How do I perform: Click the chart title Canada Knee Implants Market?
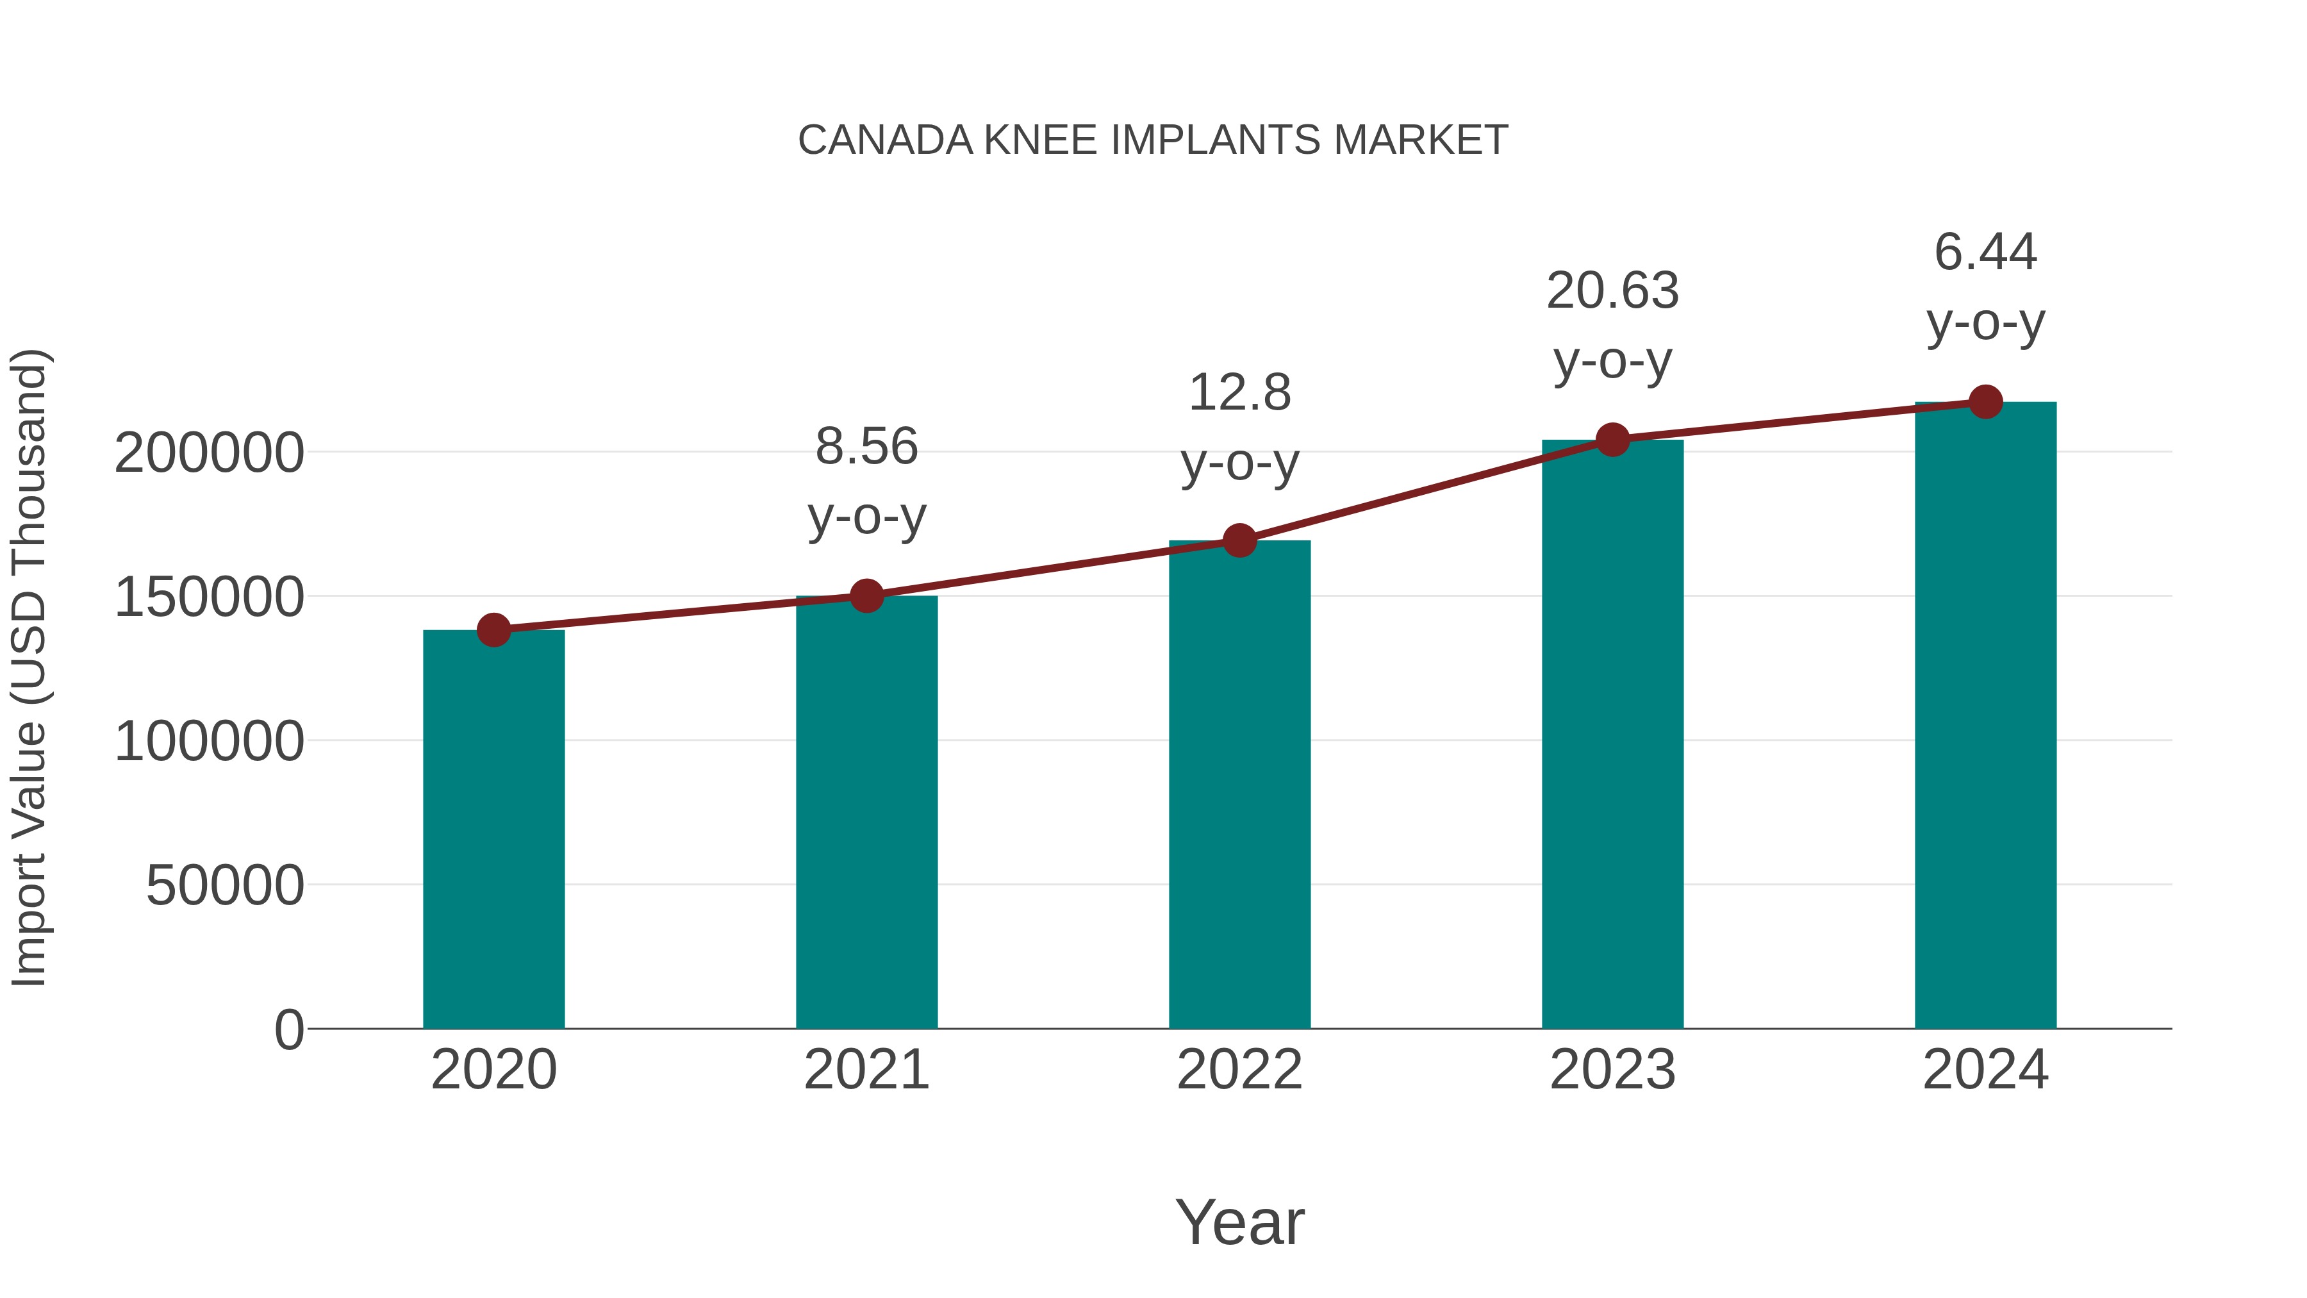(1153, 140)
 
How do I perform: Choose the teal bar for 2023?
(1612, 735)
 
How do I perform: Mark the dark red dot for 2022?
(1239, 540)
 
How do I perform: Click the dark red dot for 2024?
(1985, 402)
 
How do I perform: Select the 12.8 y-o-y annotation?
(1239, 428)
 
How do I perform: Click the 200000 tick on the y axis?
(209, 453)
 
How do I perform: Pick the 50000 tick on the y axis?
(225, 886)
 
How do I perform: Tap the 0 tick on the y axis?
(289, 1030)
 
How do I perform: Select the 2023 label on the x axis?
(1612, 1070)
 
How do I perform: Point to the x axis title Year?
(1239, 1222)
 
